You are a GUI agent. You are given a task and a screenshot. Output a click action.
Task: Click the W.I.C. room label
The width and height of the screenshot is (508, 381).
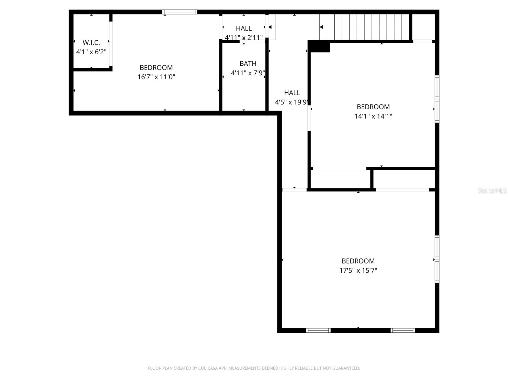[x=91, y=43]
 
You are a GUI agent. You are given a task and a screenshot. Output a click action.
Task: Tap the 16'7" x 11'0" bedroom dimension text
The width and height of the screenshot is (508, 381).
[x=156, y=77]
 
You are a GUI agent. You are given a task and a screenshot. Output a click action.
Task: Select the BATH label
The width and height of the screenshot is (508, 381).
[x=248, y=63]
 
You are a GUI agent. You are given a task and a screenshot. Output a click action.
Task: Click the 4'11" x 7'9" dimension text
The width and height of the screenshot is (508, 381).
[x=248, y=73]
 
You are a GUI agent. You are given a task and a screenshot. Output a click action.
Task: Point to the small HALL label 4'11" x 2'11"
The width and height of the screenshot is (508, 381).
[x=244, y=29]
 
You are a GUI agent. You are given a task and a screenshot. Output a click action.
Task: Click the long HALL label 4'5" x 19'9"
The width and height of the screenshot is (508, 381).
[x=292, y=93]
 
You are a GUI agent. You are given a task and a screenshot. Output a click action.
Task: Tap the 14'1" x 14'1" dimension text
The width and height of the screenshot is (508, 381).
[x=373, y=116]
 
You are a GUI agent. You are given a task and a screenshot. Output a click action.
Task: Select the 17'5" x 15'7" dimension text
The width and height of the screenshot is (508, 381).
[x=358, y=271]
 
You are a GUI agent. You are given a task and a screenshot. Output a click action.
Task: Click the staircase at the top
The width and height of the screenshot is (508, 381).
[x=365, y=27]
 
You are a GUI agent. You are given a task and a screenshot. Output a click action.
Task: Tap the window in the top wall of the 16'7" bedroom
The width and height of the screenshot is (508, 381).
[x=180, y=12]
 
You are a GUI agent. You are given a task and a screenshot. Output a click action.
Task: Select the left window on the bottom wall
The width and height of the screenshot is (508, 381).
[x=318, y=331]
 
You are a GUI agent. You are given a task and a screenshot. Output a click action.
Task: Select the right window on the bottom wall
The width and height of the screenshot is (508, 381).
[x=403, y=331]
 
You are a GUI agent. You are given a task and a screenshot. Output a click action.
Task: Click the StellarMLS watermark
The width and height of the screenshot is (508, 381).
[x=492, y=191]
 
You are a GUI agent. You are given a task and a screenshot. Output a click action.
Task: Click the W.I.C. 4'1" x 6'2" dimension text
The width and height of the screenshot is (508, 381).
[x=91, y=52]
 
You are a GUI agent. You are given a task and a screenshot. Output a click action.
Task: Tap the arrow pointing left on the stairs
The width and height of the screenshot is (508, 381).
[x=321, y=27]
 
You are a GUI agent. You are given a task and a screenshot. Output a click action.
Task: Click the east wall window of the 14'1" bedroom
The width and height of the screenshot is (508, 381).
[x=437, y=99]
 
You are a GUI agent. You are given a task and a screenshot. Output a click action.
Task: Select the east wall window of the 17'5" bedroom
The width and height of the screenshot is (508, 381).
[x=437, y=259]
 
